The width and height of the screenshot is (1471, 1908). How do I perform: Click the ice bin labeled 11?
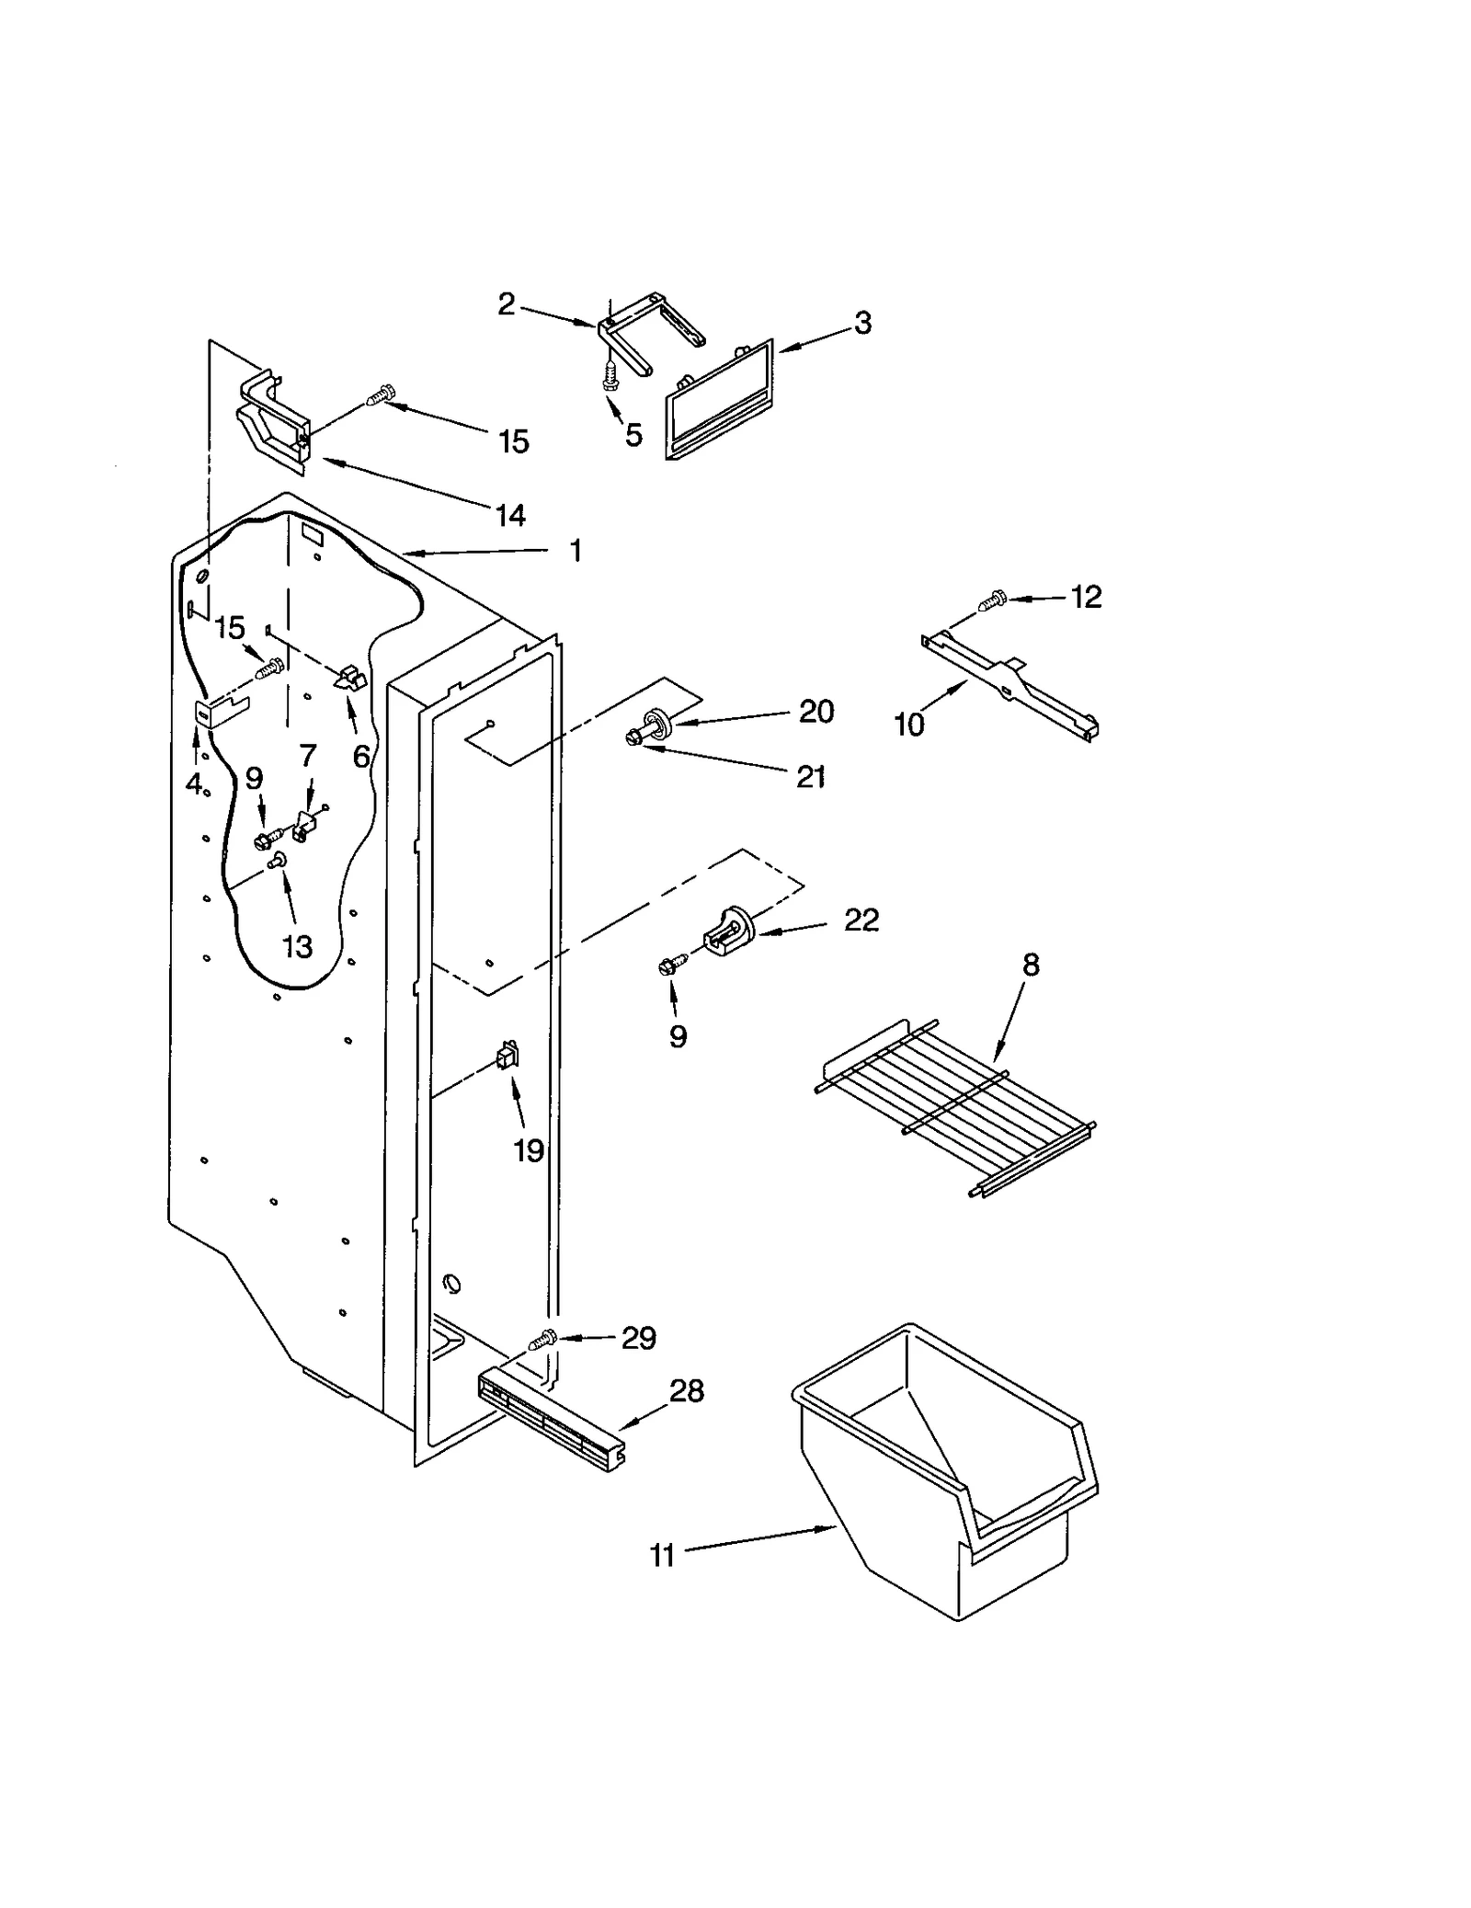coord(947,1471)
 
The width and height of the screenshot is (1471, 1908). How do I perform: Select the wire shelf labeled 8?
coord(956,1103)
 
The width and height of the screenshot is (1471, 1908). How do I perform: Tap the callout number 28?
coord(687,1391)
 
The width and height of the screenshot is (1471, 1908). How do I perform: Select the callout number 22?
coord(861,920)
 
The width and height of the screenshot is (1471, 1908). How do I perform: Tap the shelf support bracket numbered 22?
coord(728,927)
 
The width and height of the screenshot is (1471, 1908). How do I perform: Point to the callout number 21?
coord(810,778)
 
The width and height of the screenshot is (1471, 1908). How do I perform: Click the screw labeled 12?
coord(991,601)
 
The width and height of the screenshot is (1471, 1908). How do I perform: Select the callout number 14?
coord(510,515)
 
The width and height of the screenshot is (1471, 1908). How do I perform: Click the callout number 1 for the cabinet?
coord(575,551)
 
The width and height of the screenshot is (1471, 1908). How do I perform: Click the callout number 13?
coord(297,946)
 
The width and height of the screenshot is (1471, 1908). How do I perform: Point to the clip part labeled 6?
coord(349,679)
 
